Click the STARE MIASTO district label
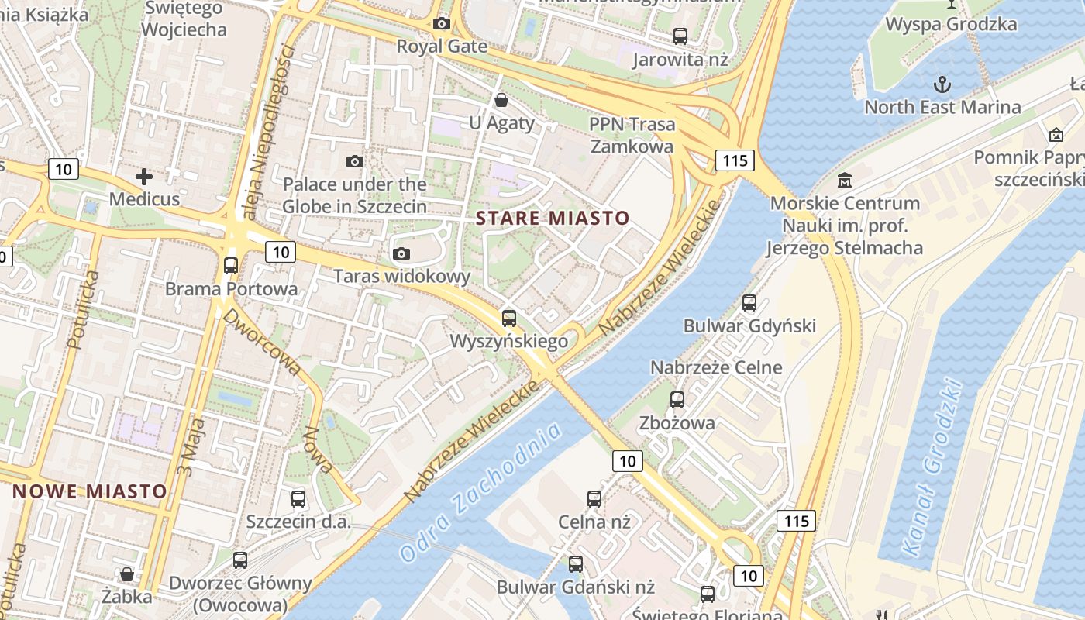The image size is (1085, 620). pos(553,218)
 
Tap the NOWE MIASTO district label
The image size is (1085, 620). pos(90,491)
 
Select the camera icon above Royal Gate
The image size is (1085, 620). pos(442,24)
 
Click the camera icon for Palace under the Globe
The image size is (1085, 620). pos(355,161)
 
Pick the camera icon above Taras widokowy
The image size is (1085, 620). pos(401,253)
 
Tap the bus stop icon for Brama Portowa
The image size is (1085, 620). pos(231,266)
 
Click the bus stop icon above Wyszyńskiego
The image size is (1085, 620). pos(509,318)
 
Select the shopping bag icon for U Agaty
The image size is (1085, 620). pos(501,100)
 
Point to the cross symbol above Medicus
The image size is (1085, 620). pos(144,177)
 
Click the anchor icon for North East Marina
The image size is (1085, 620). pos(942,84)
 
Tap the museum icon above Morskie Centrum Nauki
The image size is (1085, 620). pos(845,181)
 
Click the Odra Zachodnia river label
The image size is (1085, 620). pos(480,492)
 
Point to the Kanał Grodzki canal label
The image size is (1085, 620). pos(932,468)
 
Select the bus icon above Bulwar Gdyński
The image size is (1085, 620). pos(749,303)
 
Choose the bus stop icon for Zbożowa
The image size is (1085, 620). pos(677,400)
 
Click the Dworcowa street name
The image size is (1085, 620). pos(262,342)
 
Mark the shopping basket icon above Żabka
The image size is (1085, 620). pos(127,574)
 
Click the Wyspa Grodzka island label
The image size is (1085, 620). pos(951,24)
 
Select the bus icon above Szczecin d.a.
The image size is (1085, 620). pos(298,499)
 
